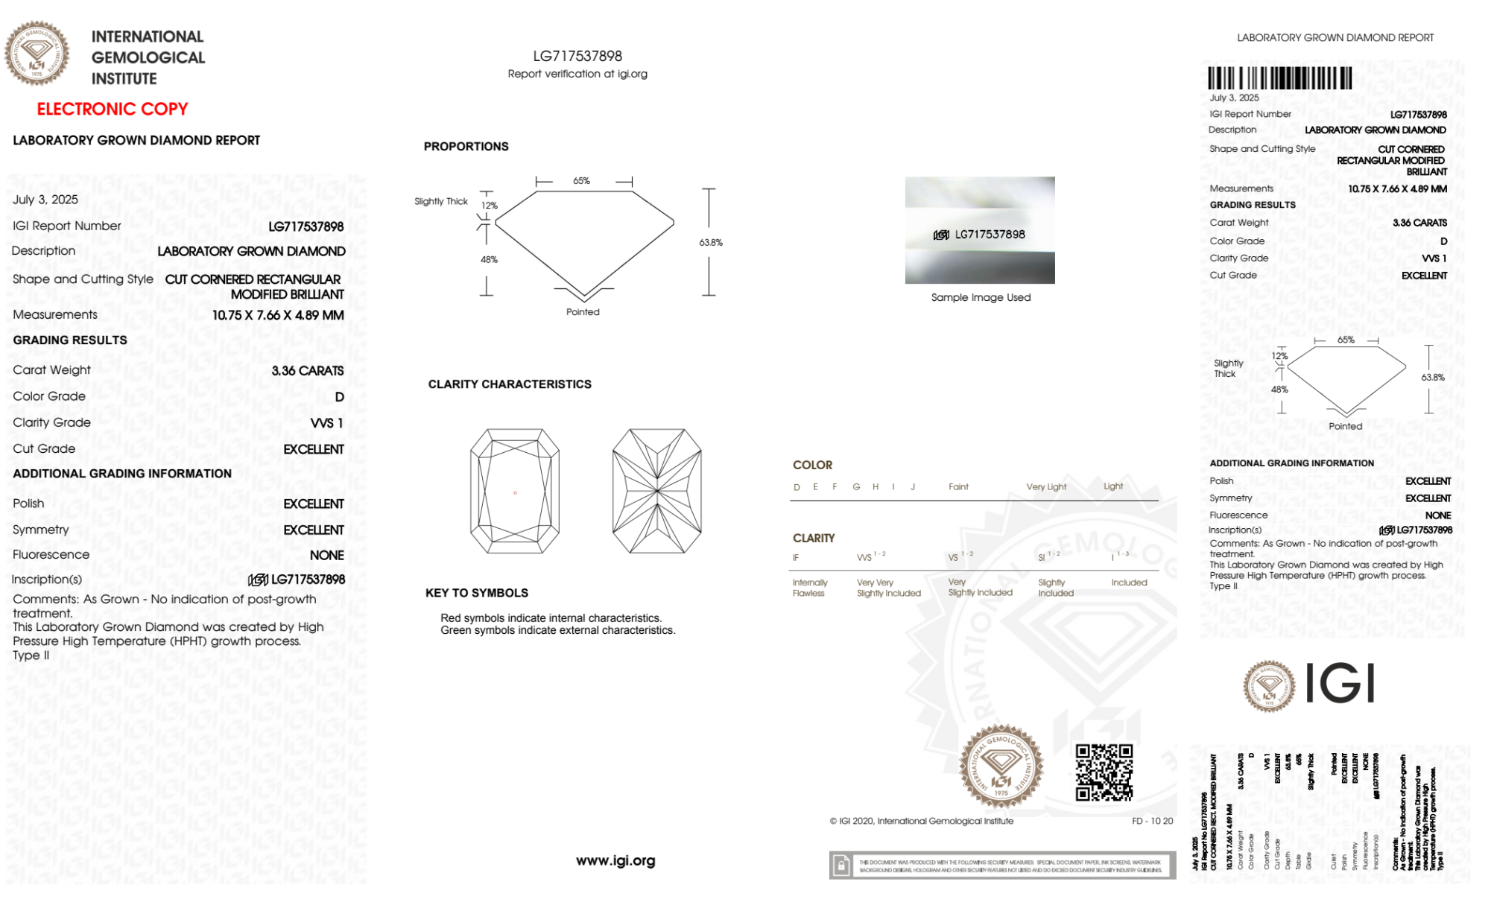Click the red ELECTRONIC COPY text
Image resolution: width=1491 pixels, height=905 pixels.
[113, 109]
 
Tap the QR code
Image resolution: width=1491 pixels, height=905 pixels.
[1104, 772]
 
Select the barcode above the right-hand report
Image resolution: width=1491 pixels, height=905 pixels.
[1279, 78]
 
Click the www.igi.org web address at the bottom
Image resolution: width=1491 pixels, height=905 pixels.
[615, 860]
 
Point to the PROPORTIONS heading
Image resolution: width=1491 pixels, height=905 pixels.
[466, 147]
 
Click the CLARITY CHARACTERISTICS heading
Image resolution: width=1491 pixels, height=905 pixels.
[510, 384]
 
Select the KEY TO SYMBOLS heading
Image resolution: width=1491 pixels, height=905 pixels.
[477, 593]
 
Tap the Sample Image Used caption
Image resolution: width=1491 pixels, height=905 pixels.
[981, 297]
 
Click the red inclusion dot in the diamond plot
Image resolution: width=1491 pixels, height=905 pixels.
[515, 492]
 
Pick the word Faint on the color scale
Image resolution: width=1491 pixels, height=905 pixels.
[958, 487]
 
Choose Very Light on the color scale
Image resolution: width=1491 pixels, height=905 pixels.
[1046, 487]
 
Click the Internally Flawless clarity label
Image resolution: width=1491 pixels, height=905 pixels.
[809, 588]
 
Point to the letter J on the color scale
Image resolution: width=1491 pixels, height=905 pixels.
[913, 487]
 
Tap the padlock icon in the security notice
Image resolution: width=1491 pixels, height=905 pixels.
[841, 866]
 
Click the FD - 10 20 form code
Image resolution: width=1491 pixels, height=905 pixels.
[1152, 821]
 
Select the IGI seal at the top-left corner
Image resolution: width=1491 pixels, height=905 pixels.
[37, 53]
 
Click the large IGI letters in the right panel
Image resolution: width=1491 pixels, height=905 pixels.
[1340, 683]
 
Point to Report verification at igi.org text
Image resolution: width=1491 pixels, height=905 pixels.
[577, 74]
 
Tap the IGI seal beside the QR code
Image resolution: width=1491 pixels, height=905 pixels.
[1001, 766]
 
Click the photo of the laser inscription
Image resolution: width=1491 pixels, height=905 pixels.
[980, 230]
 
